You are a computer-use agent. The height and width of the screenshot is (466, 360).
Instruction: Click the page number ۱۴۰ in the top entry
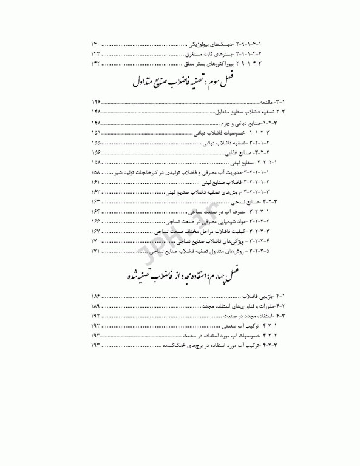tap(95, 44)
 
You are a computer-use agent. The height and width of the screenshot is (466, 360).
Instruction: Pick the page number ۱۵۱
tap(95, 132)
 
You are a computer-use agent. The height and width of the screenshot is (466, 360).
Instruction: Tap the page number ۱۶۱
tap(95, 182)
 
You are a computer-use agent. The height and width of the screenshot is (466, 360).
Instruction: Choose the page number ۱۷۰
tap(95, 241)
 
